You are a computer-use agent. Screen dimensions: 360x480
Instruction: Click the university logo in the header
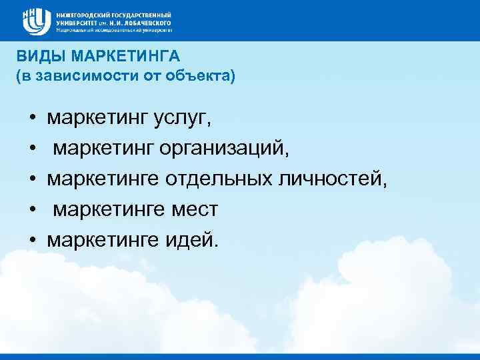[x=37, y=21]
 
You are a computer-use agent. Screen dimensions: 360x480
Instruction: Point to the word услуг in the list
[x=194, y=119]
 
